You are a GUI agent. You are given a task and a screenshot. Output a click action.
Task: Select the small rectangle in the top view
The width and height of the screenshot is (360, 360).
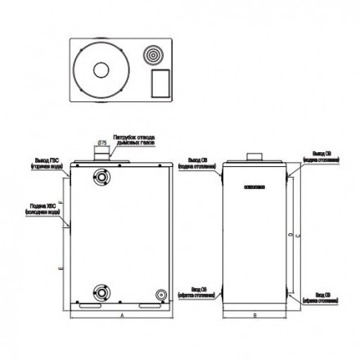(x=160, y=84)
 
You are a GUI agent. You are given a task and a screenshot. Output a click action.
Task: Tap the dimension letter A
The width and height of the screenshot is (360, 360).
(x=121, y=315)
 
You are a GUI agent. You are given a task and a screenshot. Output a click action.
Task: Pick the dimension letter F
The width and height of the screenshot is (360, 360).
(x=62, y=200)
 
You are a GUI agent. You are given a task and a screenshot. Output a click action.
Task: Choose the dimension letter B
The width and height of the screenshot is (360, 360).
(x=255, y=315)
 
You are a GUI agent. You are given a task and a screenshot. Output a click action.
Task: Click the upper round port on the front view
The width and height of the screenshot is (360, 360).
(x=101, y=177)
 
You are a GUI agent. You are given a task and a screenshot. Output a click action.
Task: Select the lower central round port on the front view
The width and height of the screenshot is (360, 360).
(x=101, y=289)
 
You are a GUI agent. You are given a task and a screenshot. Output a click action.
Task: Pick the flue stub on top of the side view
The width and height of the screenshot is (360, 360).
(x=254, y=155)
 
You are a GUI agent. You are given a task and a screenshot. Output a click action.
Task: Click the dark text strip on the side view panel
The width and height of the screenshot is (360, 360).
(x=254, y=188)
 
